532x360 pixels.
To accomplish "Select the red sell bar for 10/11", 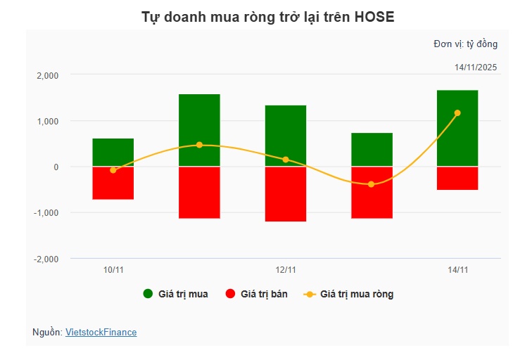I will tap(113, 184).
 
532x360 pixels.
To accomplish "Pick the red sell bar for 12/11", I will tap(286, 195).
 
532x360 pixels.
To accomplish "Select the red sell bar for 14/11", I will tap(457, 179).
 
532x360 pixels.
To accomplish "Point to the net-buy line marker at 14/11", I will tap(457, 112).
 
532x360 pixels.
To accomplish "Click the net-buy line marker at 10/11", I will tap(113, 170).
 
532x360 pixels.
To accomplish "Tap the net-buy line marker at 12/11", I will tap(286, 160).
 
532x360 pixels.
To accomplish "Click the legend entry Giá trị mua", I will tap(175, 294).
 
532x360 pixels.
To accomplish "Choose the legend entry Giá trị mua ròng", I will tap(349, 294).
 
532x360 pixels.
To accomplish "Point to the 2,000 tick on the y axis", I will tap(48, 75).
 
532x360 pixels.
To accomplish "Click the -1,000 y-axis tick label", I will tap(46, 213).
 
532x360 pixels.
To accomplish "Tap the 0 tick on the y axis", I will tap(56, 167).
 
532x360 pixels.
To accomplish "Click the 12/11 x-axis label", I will tap(286, 270).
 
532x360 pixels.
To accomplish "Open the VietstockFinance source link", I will tap(101, 332).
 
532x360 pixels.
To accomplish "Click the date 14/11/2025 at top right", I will tap(476, 67).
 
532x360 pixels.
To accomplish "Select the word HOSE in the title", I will tap(373, 17).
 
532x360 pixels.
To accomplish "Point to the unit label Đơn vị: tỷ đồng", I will tap(465, 44).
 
